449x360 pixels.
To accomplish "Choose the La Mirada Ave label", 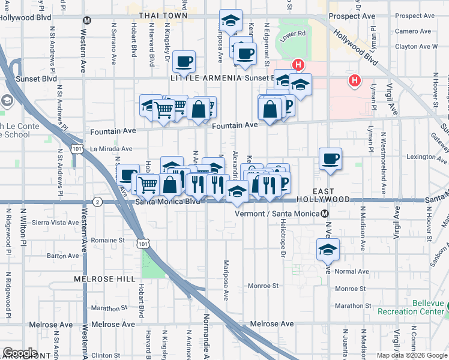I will click(111, 149).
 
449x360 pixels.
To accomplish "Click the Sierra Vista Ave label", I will click(56, 222).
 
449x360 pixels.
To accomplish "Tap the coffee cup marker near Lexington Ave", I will click(330, 160).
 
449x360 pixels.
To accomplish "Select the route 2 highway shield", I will click(98, 203).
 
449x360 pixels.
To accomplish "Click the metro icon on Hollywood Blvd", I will click(87, 20).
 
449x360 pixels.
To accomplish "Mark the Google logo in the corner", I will click(19, 353).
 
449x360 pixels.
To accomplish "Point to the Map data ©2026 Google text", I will click(411, 355).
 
